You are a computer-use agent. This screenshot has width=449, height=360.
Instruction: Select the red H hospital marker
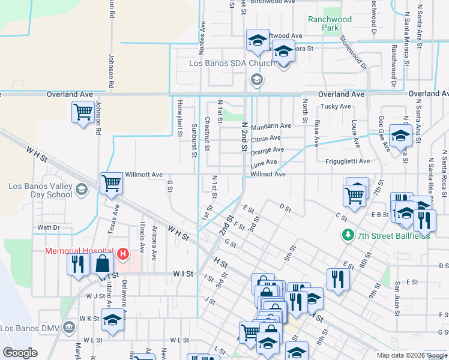click(x=123, y=254)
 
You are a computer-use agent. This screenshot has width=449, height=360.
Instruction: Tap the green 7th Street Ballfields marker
click(x=346, y=235)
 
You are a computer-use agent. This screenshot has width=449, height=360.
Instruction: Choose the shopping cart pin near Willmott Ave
click(x=111, y=184)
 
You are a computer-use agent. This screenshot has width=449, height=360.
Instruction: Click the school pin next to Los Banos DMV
click(x=112, y=320)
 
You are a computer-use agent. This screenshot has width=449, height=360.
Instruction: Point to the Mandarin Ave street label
click(x=271, y=126)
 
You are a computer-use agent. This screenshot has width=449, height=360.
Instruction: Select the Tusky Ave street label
click(x=336, y=107)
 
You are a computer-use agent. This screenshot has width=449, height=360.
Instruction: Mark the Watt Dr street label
click(x=48, y=227)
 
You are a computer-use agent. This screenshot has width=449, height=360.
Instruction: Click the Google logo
click(x=20, y=353)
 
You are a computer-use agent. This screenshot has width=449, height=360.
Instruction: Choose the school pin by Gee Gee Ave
click(x=400, y=135)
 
